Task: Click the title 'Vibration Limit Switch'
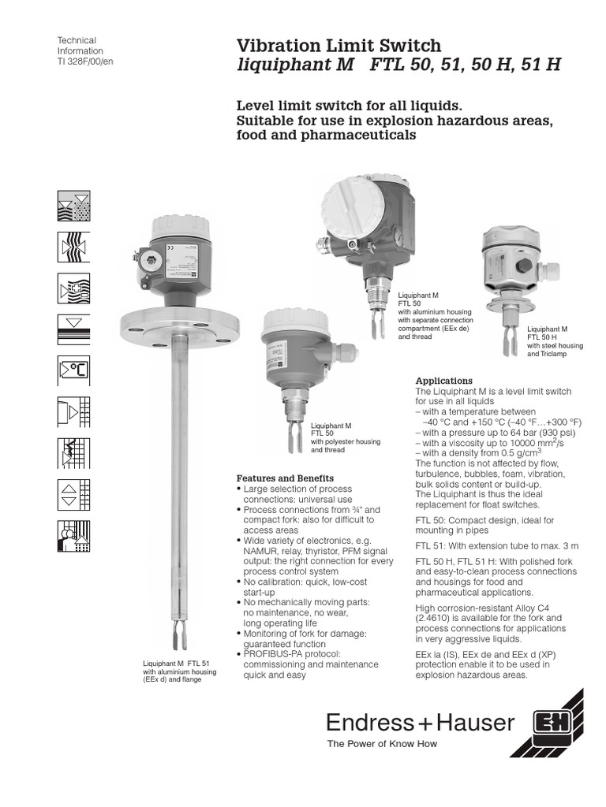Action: tap(339, 46)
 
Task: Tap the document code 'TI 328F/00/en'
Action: tap(86, 61)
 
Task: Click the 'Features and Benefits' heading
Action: tap(285, 478)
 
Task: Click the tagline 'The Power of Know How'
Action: tap(382, 743)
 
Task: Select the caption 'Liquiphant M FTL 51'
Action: tap(176, 664)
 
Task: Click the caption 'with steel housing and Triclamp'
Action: tap(547, 350)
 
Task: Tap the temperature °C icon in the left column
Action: tap(74, 370)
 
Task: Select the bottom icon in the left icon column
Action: tap(74, 536)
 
